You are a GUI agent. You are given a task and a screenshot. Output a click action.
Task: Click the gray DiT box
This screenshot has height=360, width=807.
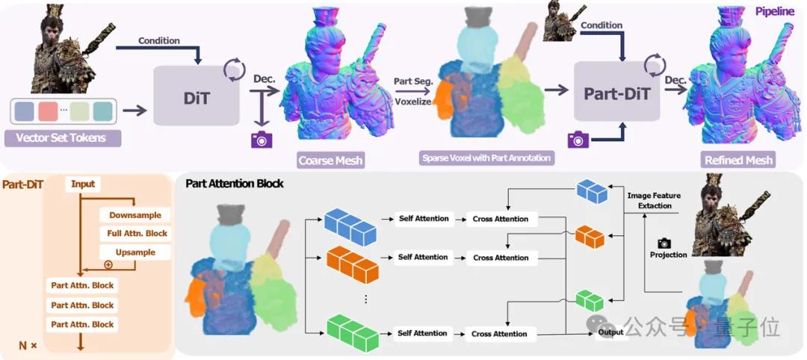197,95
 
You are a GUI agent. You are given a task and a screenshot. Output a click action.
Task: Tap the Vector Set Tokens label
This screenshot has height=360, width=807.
61,138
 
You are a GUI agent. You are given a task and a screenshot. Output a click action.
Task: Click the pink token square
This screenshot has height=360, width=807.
48,111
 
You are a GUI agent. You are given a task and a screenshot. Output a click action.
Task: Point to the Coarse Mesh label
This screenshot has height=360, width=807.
330,160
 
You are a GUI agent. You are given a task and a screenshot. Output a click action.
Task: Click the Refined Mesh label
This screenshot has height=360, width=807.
738,160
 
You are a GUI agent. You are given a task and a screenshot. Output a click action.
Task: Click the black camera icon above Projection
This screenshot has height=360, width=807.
664,243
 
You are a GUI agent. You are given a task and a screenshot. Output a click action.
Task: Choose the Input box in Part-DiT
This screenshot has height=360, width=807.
83,184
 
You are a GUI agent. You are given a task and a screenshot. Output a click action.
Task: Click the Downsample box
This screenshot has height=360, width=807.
135,215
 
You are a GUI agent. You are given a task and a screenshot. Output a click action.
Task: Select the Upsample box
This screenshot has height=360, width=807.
135,252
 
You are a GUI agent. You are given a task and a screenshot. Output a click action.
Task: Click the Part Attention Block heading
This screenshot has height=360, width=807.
234,183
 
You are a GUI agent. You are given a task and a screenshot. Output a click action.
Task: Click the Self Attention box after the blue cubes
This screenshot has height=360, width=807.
423,219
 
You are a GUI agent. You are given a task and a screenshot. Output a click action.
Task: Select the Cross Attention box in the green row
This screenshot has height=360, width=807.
500,334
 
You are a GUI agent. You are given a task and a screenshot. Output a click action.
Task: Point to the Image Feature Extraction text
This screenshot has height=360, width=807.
654,200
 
